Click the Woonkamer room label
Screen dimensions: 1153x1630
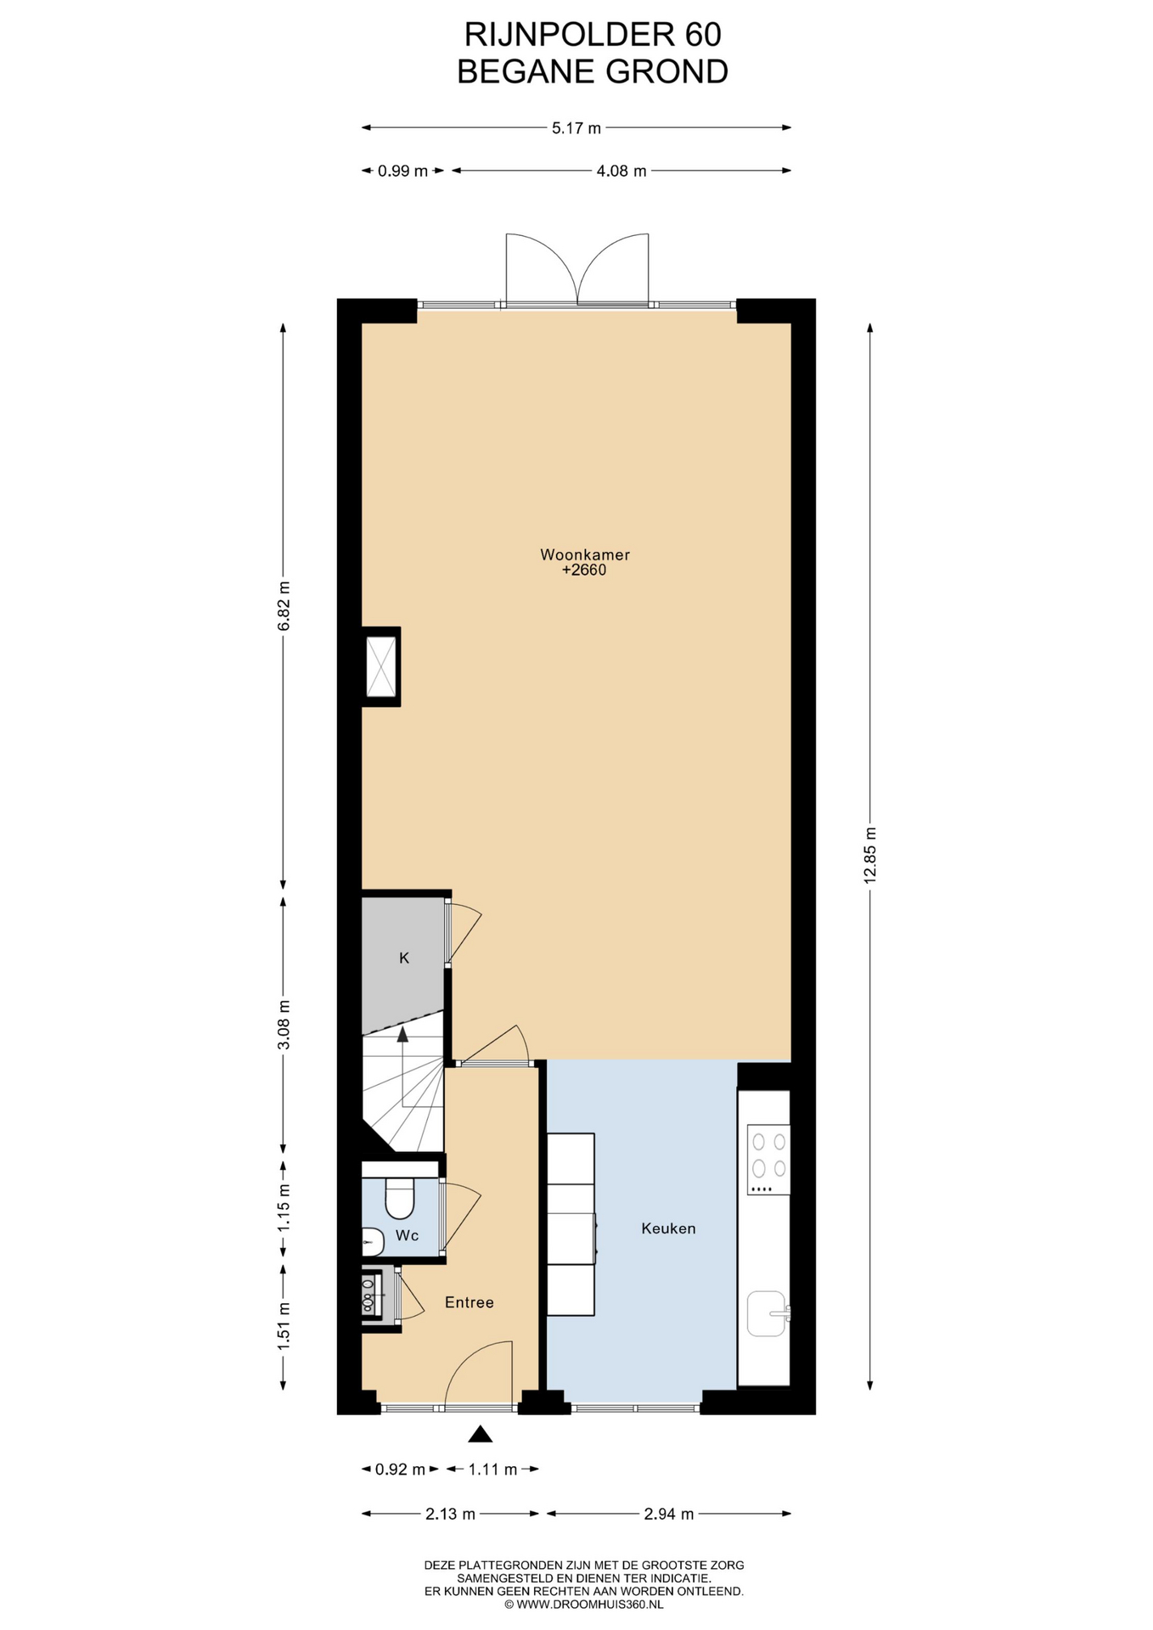(585, 555)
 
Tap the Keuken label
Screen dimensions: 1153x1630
(668, 1228)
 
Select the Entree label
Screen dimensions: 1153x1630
(470, 1302)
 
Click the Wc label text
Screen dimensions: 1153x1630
(408, 1235)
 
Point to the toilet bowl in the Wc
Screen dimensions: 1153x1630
(399, 1198)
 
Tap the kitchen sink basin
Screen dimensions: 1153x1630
(766, 1313)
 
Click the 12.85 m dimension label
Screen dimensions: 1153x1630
(869, 856)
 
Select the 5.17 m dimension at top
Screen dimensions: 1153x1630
(576, 128)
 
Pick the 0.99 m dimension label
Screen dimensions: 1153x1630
(403, 171)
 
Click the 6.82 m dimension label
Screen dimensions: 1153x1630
(284, 605)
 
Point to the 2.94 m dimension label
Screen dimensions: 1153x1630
(669, 1514)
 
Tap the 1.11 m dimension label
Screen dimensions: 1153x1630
(492, 1470)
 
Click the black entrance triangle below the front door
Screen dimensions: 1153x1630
(481, 1434)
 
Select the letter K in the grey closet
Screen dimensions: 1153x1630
(404, 958)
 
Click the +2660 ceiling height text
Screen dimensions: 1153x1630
(584, 570)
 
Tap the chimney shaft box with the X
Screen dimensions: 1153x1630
(381, 666)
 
